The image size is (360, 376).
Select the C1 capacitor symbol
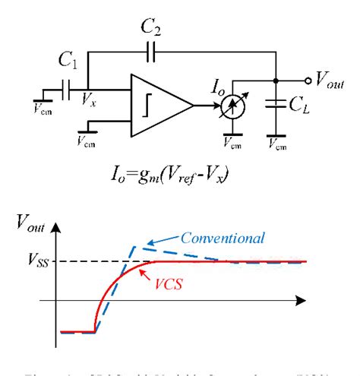click(69, 91)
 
